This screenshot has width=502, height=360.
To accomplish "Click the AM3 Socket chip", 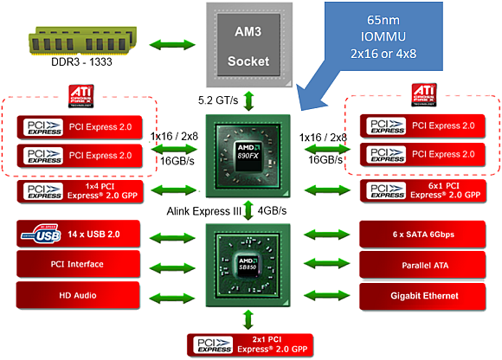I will (249, 41).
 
